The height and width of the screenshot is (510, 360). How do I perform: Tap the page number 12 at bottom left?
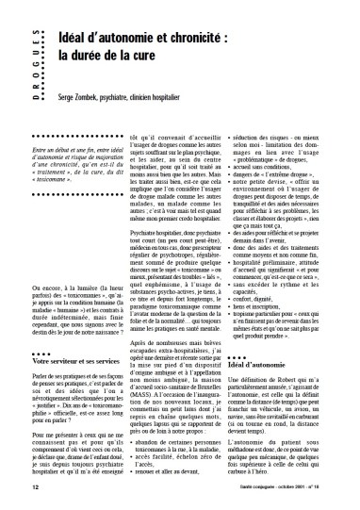click(x=35, y=487)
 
